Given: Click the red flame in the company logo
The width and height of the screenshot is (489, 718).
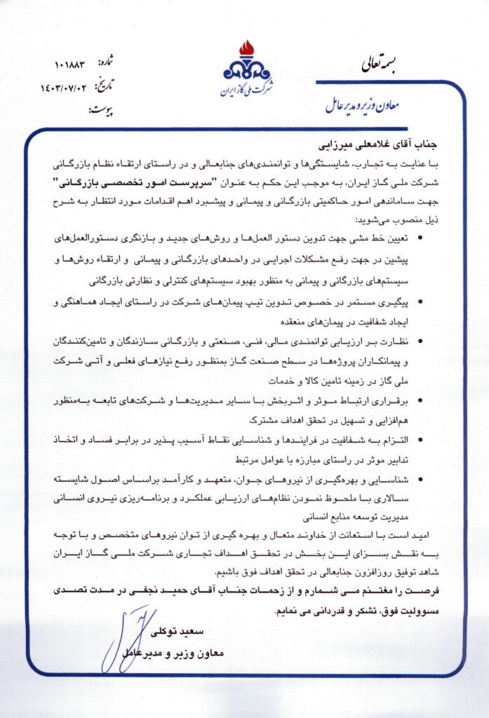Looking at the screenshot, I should [246, 49].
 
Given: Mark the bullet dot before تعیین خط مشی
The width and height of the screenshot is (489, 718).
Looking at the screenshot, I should [420, 238].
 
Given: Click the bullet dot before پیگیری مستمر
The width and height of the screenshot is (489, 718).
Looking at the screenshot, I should [420, 302].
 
